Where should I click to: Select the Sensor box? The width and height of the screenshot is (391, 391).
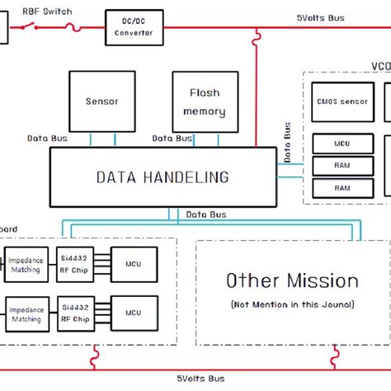coord(101,101)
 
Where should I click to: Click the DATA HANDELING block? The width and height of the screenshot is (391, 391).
coord(163,177)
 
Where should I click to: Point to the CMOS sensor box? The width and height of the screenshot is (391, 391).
coord(342,101)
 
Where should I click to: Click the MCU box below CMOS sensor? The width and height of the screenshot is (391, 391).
coord(342,144)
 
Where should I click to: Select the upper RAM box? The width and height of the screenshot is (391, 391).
coord(342,166)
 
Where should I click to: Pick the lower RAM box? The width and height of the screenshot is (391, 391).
coord(342,188)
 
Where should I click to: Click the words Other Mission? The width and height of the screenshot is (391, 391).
coord(292,280)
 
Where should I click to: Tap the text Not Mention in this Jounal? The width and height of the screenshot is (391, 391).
coord(292,304)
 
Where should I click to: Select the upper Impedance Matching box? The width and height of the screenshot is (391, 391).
coord(26,264)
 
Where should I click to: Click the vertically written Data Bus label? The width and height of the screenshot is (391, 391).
coord(287,140)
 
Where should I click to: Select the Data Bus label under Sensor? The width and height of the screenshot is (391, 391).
coord(47,139)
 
